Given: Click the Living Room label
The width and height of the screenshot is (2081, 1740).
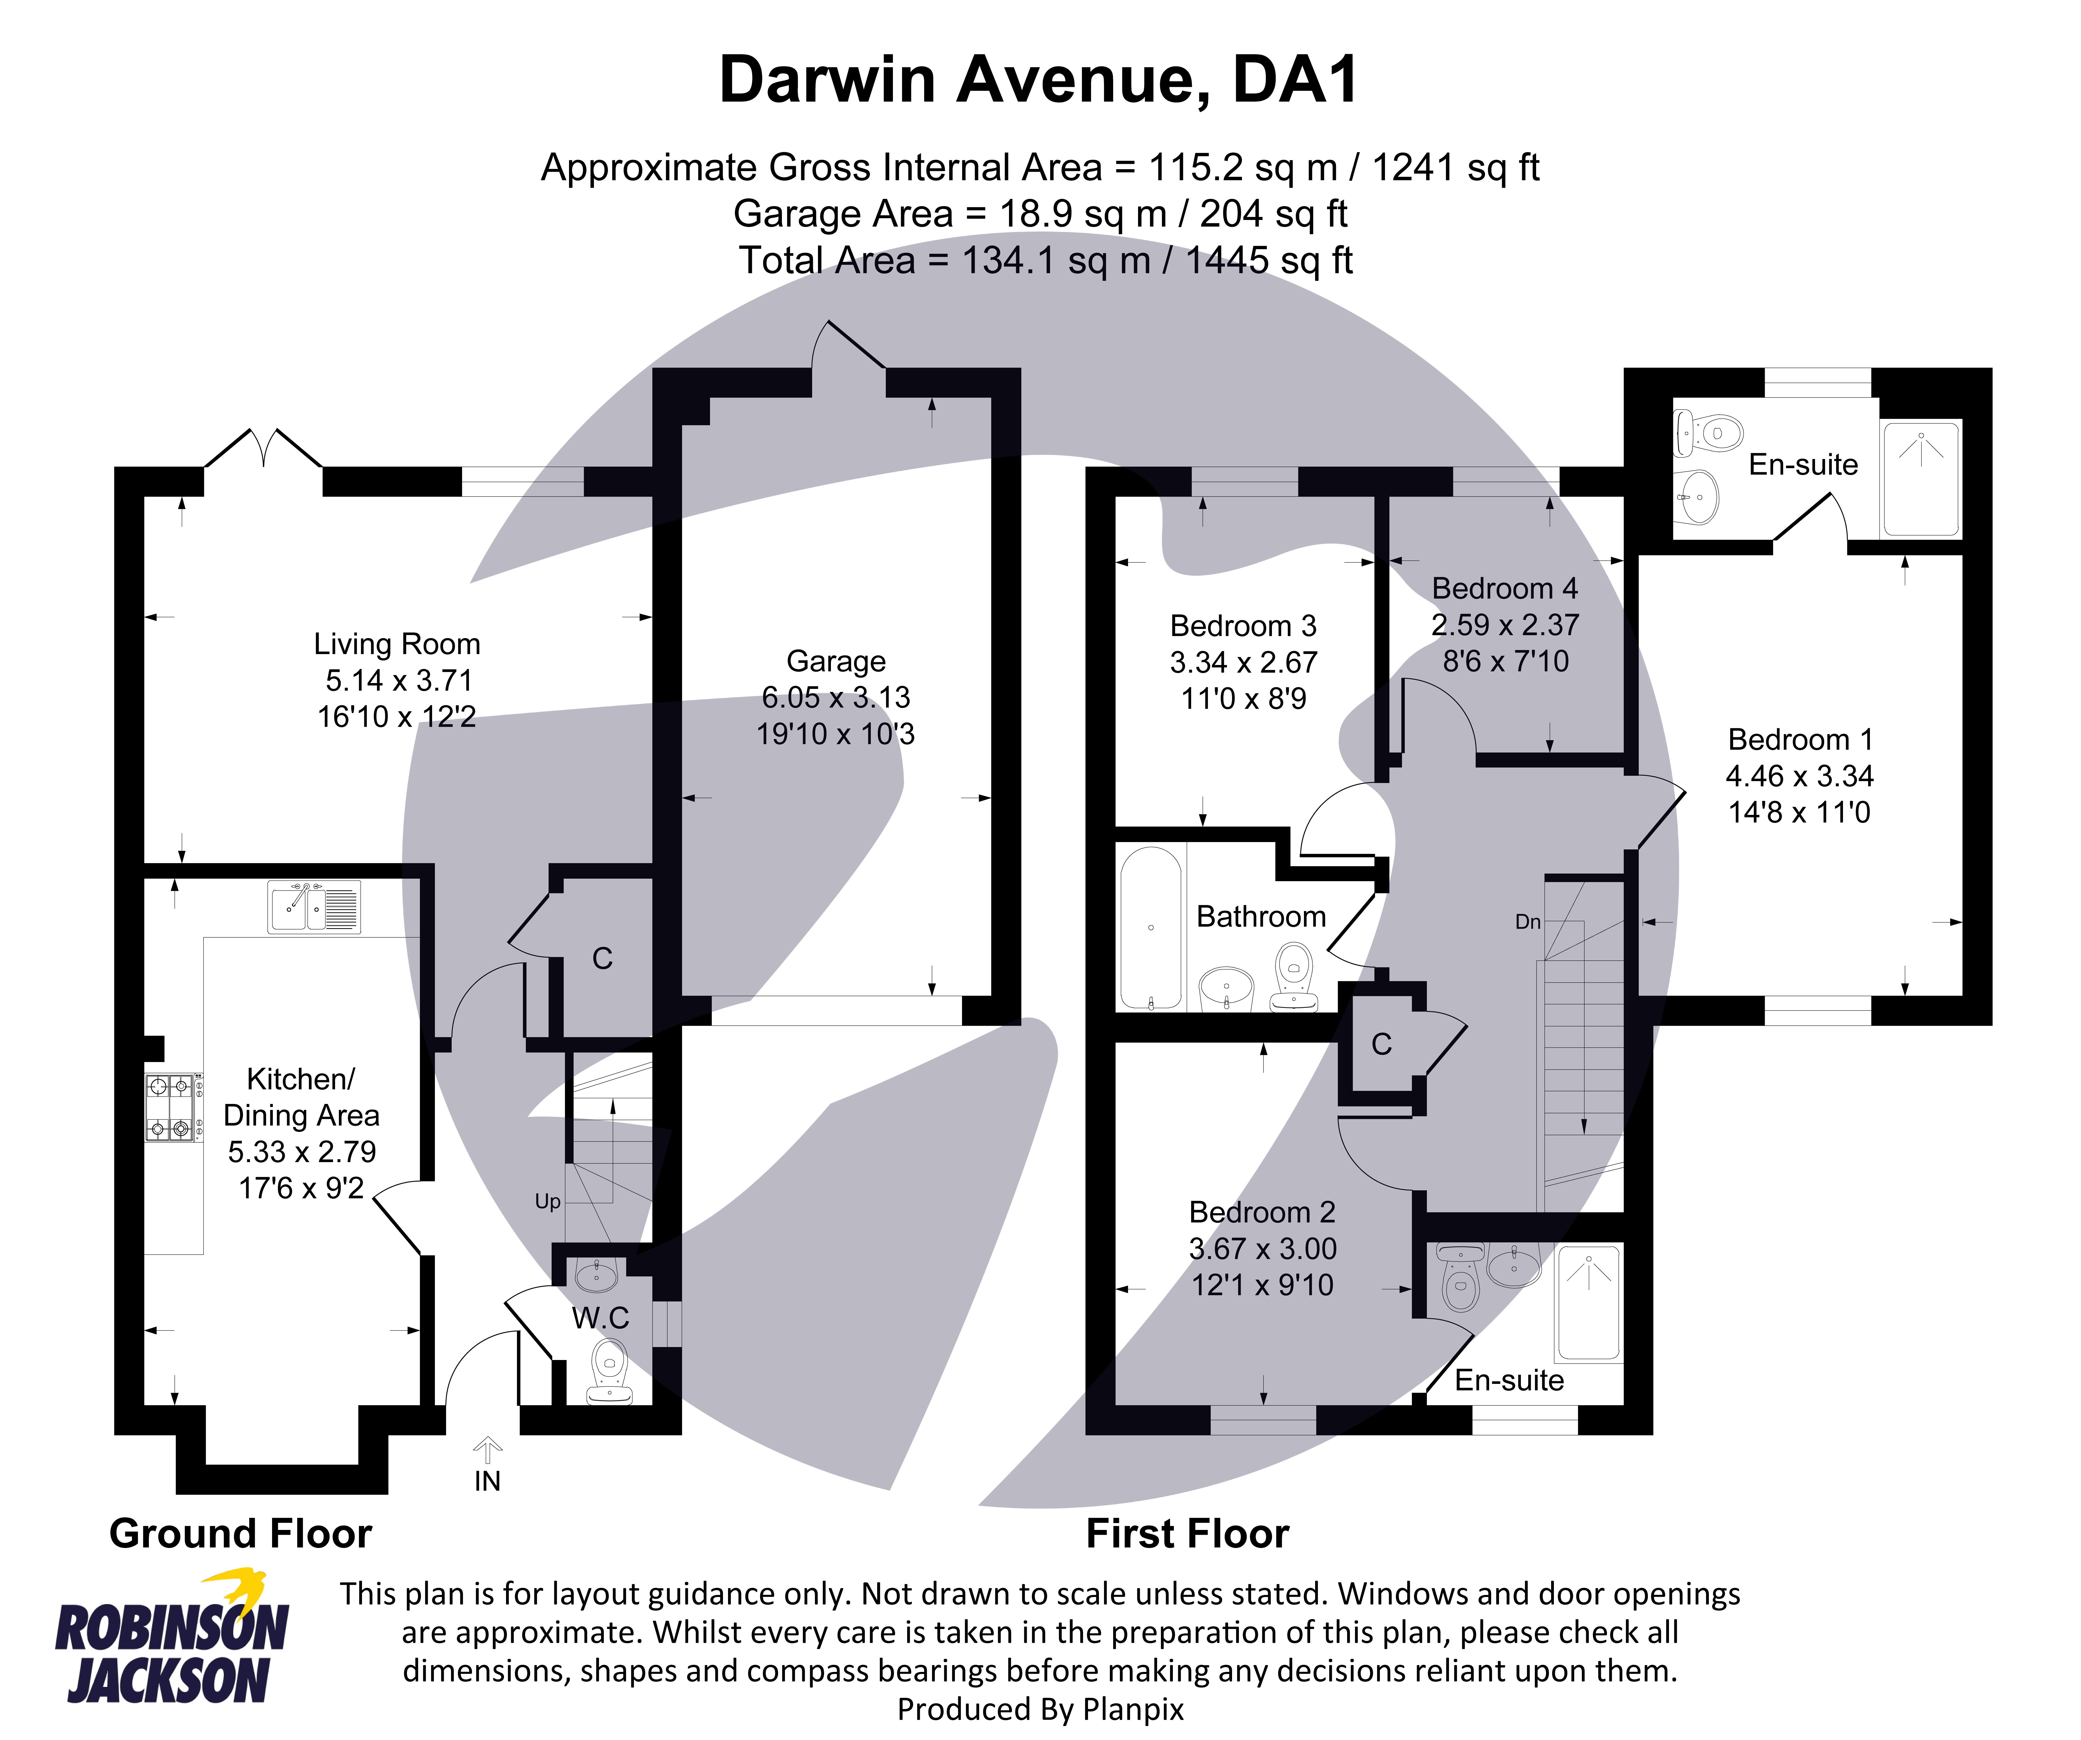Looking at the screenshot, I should (396, 644).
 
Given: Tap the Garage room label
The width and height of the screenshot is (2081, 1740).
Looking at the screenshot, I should (835, 661).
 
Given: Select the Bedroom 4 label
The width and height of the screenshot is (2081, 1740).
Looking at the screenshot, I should (1504, 589).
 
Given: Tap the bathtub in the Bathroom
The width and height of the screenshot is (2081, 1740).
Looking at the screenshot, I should (1150, 927).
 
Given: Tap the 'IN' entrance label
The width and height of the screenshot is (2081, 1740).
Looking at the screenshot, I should (486, 1481).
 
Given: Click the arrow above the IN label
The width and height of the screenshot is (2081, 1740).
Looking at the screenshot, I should (486, 1450).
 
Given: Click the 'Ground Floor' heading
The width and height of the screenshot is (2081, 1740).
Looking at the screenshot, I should (240, 1533).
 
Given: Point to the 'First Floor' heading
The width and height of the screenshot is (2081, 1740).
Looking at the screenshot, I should (1187, 1533).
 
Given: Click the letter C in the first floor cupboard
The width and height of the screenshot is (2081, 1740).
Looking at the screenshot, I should (1381, 1043).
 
